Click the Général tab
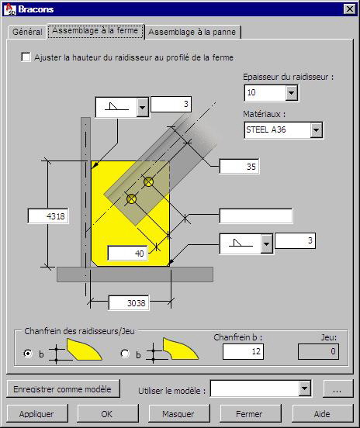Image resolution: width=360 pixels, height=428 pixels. pos(27,32)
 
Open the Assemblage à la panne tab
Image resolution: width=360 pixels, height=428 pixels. pos(192,32)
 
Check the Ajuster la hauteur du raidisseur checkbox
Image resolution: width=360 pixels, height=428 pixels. pos(26,57)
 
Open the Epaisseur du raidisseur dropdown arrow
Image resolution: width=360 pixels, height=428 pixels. pos(292,93)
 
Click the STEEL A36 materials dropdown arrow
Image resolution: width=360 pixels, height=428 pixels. pos(316,130)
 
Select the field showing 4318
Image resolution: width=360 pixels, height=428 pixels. pos(48,216)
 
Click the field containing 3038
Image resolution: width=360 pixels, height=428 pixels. pos(129,303)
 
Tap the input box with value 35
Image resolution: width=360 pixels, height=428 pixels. pos(239,166)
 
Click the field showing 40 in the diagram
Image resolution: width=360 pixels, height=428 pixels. pos(127,254)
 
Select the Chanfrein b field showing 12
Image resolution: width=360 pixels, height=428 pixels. pos(243,351)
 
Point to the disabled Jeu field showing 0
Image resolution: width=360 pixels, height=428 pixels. pos(318,351)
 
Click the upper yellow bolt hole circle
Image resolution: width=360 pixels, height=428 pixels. pos(149,181)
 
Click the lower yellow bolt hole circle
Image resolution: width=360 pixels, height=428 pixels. pos(131,199)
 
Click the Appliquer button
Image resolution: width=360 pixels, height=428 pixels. pos(37,413)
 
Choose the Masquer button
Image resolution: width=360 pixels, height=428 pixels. pos(179,413)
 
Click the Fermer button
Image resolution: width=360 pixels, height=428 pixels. pos(250,413)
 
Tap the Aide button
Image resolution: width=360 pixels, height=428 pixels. pos(322,413)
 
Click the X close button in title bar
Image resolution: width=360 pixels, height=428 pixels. pos(350,9)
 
